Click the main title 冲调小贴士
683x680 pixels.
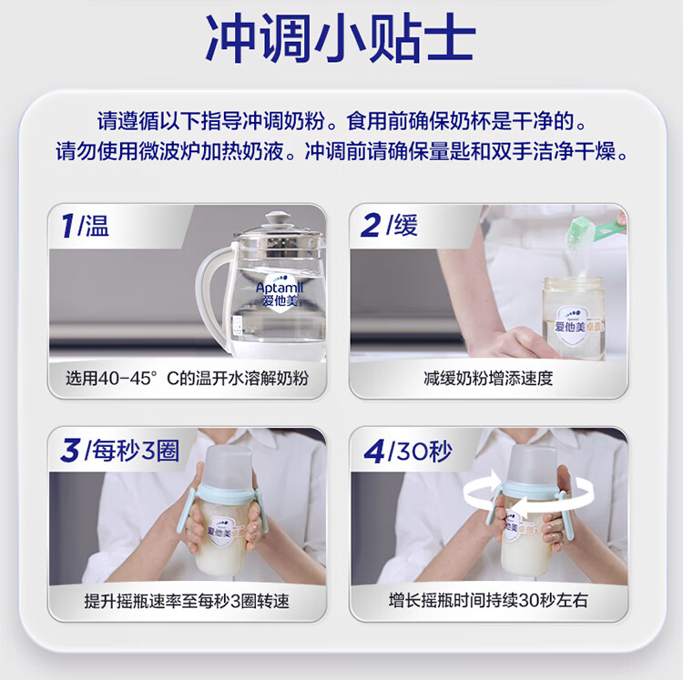tap(341, 39)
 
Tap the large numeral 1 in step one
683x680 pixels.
tap(67, 226)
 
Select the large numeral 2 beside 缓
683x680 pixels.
tap(371, 226)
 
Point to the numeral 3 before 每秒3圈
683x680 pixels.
tap(70, 450)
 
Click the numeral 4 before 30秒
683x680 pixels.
tap(374, 451)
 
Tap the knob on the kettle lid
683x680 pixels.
tap(276, 218)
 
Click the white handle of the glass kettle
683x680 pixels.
tap(212, 296)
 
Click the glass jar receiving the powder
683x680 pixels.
tap(573, 319)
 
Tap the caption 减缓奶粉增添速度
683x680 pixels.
tap(488, 379)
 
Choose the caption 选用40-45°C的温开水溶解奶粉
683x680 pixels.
tap(187, 379)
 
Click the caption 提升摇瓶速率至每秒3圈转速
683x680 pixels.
tap(187, 601)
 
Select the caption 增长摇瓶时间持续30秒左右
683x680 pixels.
tap(488, 601)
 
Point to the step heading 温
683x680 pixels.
tap(97, 226)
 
